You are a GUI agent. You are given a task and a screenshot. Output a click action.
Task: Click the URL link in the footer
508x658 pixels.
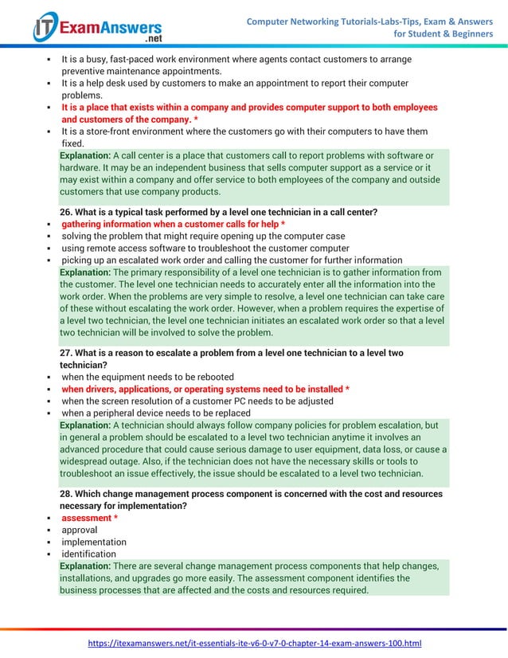254,643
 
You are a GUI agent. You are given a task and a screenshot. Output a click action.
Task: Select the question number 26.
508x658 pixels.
67,212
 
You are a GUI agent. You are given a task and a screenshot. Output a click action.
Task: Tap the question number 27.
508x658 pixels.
67,352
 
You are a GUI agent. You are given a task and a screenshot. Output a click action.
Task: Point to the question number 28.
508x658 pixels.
67,494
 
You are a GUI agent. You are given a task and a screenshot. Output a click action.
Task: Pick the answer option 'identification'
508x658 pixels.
89,554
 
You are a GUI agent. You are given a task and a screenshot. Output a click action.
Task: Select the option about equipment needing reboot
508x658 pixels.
159,377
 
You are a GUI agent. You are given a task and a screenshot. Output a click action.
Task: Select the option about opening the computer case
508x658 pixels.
203,237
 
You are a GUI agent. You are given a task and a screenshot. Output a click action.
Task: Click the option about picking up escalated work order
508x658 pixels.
232,260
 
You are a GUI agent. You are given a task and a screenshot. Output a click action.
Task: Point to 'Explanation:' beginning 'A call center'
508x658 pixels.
85,155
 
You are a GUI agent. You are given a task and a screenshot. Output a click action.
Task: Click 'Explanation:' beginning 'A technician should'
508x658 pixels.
85,425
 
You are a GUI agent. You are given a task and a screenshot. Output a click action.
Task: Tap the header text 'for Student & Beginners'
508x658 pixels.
444,34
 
